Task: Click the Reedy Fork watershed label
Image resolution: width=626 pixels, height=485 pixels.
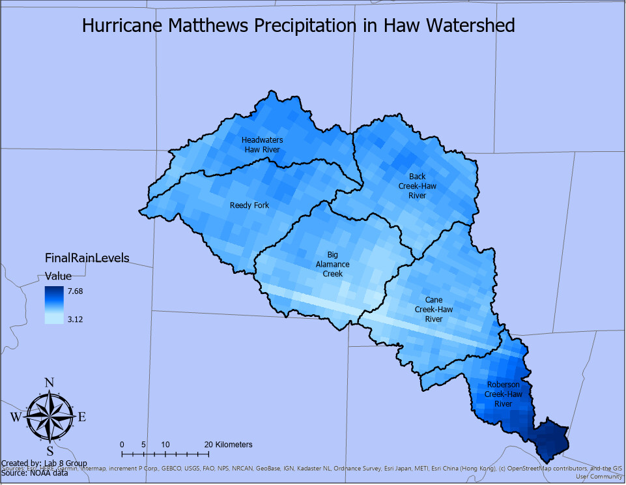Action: click(249, 205)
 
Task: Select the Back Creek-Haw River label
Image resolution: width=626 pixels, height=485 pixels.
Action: click(417, 186)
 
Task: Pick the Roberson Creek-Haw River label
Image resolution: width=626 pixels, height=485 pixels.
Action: click(503, 394)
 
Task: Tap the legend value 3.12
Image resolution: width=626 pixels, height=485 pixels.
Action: click(76, 319)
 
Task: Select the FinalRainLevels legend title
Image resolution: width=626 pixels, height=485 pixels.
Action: click(87, 257)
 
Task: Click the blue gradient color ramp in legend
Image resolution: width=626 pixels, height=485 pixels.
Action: click(54, 305)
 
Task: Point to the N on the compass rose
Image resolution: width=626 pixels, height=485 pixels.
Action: click(50, 383)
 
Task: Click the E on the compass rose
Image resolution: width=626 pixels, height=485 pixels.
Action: click(81, 417)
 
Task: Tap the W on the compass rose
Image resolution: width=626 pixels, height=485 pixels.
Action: click(16, 417)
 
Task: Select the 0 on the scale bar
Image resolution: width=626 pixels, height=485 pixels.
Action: click(122, 445)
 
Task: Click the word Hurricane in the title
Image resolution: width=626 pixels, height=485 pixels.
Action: click(122, 26)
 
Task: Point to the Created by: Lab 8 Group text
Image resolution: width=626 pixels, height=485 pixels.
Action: click(44, 463)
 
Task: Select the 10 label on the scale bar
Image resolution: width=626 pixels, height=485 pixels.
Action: click(165, 445)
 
